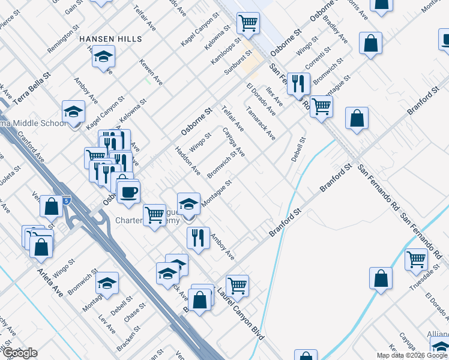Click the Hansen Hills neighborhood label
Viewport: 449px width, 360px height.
111,39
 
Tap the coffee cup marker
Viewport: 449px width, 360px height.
127,193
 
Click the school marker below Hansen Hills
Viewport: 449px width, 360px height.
104,58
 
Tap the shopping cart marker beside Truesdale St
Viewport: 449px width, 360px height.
416,260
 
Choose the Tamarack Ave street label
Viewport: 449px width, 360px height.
261,124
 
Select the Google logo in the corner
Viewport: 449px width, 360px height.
19,353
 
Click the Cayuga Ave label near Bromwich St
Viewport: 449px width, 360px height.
234,143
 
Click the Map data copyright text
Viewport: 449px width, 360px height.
412,355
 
